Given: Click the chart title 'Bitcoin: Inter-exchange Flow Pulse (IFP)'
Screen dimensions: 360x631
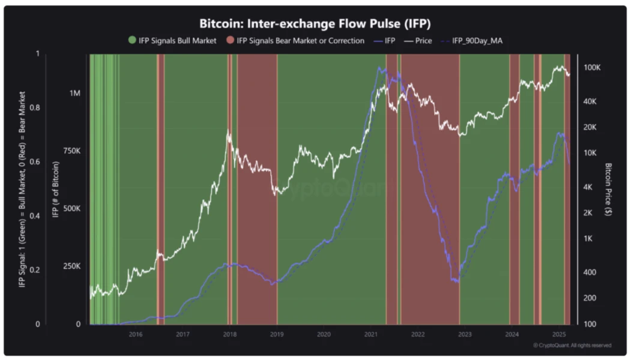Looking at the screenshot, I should pos(315,23).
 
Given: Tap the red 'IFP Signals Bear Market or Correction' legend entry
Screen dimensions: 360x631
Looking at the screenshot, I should pos(295,41).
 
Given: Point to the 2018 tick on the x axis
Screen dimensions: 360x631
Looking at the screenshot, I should pos(229,334).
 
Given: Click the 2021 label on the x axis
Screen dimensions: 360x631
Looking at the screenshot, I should pos(371,334).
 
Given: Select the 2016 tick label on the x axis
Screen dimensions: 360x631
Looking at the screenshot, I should pos(135,334).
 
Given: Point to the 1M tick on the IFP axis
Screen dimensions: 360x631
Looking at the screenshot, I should pos(74,94).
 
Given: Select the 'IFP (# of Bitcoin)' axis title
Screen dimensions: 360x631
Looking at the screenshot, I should pos(55,190).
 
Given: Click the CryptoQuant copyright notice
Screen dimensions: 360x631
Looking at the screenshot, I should pos(572,346).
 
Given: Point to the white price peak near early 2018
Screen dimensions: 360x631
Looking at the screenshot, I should pos(228,131).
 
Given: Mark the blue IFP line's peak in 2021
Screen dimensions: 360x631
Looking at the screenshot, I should pos(379,68).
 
